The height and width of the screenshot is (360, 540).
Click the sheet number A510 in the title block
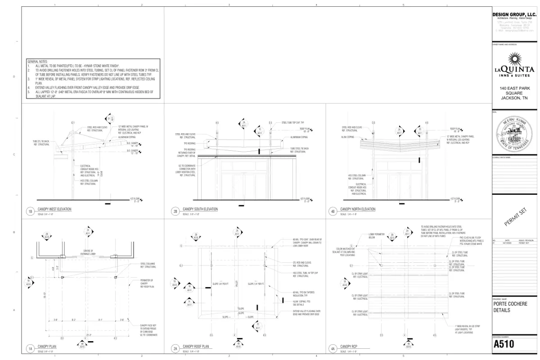(504, 345)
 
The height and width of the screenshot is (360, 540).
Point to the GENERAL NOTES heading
(37, 61)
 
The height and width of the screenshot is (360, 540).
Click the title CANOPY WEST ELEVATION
(54, 209)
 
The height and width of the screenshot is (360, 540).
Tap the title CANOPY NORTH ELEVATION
(357, 209)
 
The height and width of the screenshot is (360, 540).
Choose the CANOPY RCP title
(349, 346)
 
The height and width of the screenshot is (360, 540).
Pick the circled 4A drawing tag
(333, 348)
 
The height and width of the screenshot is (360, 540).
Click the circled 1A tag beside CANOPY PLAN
(31, 348)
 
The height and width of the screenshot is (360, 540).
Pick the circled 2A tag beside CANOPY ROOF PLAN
(175, 348)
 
